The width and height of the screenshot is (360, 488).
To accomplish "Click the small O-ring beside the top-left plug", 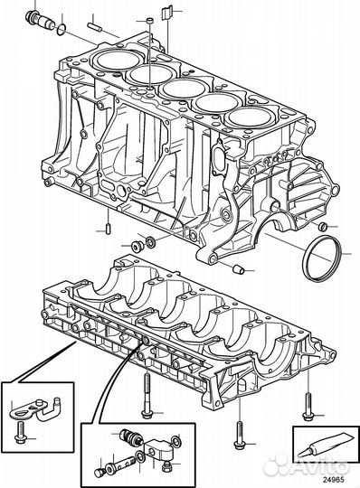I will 60,30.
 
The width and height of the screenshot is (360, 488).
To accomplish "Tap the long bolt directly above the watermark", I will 240,425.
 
